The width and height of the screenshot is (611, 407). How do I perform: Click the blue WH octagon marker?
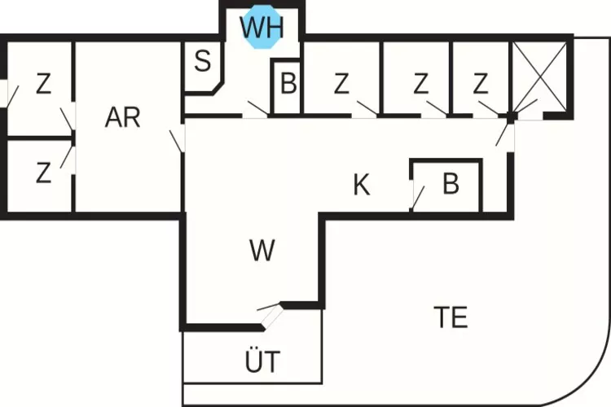coord(262,27)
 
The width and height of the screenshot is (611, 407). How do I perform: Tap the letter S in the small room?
coord(203,61)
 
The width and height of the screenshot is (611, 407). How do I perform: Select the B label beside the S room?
coord(288,83)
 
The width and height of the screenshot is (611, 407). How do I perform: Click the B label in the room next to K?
coord(451,185)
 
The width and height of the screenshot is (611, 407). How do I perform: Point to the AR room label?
coord(123,117)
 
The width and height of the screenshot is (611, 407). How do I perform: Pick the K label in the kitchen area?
coord(362,186)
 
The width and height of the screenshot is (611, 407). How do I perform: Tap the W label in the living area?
coord(262,252)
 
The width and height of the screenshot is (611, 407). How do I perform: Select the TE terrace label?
coord(451,317)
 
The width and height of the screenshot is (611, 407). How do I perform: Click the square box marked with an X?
coord(538,78)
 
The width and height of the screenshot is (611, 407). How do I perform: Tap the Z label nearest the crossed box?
coord(481,83)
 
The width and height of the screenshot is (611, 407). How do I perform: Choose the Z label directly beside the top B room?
coord(341,83)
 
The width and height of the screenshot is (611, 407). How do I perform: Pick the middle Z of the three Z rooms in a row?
coord(420,83)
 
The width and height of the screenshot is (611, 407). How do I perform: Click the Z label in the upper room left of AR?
coord(43,83)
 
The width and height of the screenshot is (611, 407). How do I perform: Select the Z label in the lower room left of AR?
coord(43,172)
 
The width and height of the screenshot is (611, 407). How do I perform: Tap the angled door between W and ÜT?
coord(270,310)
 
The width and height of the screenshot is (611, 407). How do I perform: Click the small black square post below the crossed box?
coord(512,117)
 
